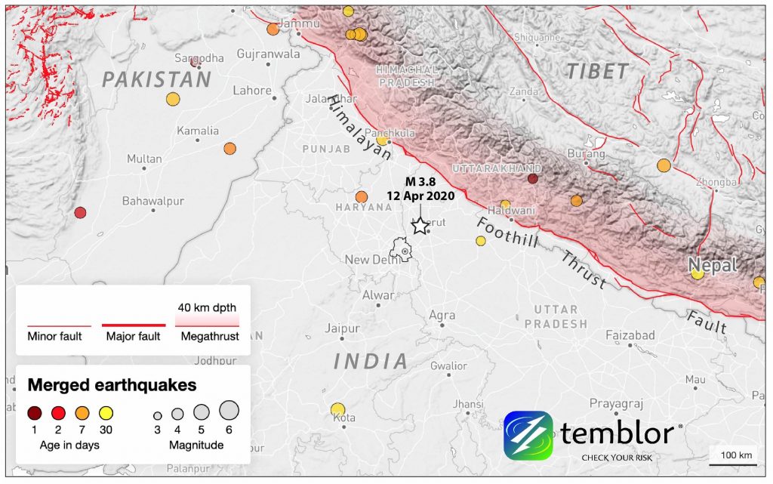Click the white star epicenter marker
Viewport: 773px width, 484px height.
[419, 225]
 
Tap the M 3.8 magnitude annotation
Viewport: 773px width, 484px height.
[420, 181]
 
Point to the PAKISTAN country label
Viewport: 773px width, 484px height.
[156, 79]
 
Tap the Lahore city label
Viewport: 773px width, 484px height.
[252, 91]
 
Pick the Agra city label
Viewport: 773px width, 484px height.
[442, 315]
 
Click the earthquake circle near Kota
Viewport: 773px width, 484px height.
[337, 409]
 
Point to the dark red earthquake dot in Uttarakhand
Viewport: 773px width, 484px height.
[532, 179]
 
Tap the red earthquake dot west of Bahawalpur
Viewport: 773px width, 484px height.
[80, 212]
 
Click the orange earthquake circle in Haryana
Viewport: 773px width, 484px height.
[362, 197]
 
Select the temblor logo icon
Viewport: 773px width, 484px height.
[528, 435]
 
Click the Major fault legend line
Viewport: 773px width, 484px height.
[133, 325]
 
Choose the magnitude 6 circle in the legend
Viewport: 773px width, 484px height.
[229, 410]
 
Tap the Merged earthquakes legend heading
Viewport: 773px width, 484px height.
[112, 385]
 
